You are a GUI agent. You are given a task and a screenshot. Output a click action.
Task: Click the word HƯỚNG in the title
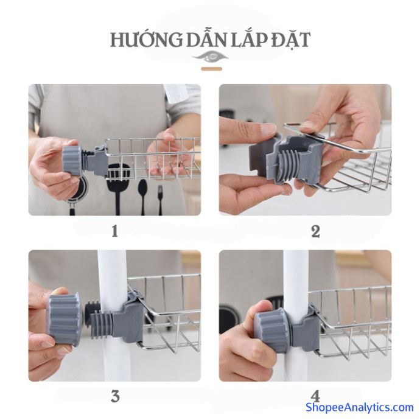click(x=146, y=40)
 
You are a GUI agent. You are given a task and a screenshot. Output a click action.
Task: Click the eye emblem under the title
click(x=211, y=57)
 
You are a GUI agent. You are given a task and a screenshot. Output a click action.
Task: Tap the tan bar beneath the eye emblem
click(x=212, y=69)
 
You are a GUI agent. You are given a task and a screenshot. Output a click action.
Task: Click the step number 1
click(x=114, y=231)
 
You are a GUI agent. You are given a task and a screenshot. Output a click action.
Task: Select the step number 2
click(x=315, y=231)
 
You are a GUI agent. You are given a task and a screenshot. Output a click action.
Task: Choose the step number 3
click(x=115, y=396)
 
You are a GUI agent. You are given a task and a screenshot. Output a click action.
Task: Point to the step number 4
click(x=315, y=396)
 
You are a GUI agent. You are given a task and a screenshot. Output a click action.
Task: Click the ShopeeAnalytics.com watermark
click(x=360, y=407)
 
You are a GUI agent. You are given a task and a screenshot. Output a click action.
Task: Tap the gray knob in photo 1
click(x=72, y=161)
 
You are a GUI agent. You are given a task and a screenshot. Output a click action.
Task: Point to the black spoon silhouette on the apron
click(x=143, y=195)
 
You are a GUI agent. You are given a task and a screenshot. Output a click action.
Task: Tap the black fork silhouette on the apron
click(x=160, y=200)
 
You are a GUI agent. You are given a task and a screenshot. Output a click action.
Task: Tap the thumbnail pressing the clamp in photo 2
click(x=267, y=128)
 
